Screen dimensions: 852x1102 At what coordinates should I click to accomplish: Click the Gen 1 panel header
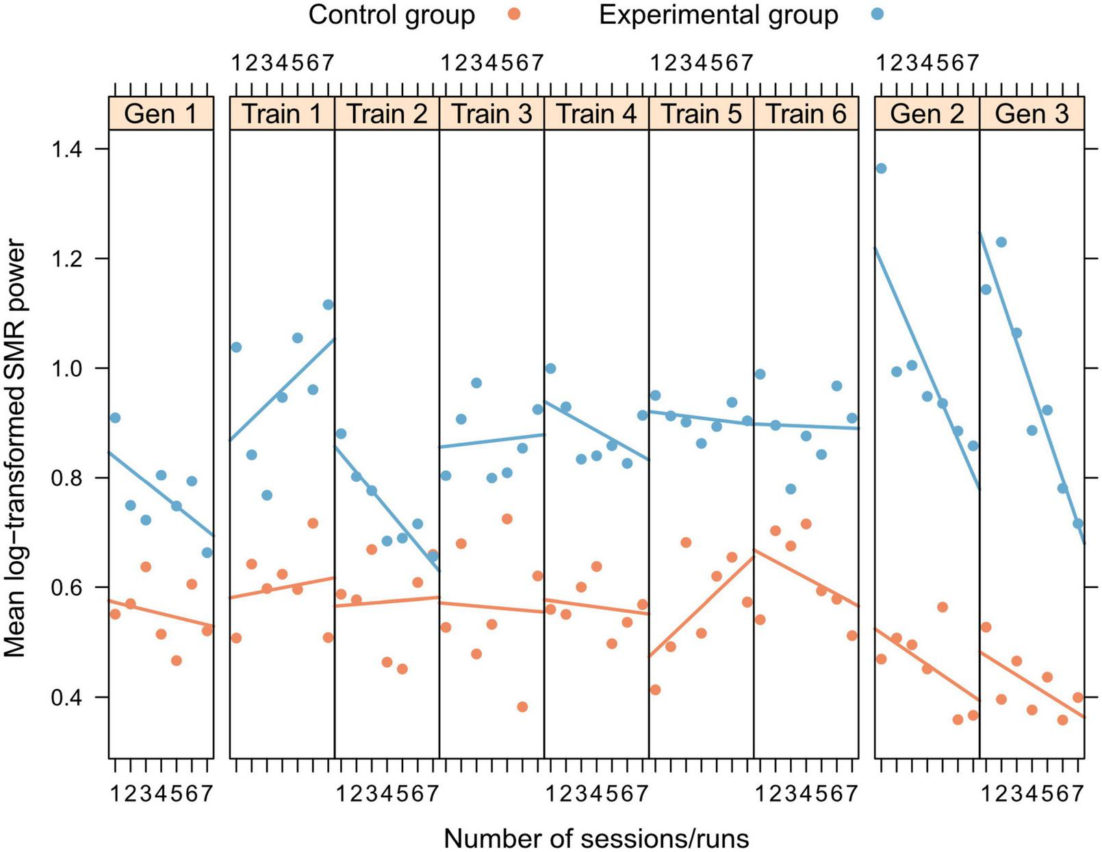(161, 114)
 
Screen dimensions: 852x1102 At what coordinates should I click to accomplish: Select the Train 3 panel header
(491, 114)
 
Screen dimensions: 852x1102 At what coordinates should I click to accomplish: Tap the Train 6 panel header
(806, 114)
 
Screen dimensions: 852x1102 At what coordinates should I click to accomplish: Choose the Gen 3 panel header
(1031, 114)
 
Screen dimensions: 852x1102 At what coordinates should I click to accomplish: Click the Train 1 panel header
(281, 114)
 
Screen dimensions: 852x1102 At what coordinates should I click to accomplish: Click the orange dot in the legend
(515, 14)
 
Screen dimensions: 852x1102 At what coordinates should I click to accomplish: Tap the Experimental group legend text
(718, 14)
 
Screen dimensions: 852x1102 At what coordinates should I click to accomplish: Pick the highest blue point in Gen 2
(882, 168)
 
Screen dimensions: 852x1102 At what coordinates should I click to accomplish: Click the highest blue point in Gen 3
(1001, 242)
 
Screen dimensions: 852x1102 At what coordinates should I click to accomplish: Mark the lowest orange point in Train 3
(522, 707)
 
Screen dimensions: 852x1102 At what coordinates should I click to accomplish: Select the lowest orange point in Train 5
(655, 690)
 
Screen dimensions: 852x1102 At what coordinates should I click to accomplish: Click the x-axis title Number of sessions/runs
(596, 838)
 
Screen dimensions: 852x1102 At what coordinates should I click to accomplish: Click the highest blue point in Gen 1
(115, 417)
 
